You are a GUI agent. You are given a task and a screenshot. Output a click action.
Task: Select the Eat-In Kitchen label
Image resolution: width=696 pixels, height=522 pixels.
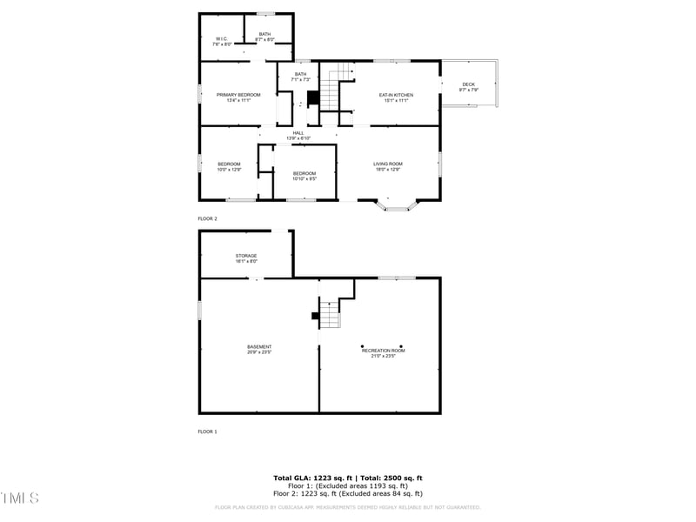click(395, 97)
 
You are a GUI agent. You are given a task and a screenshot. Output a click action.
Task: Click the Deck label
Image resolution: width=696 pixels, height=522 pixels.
click(468, 87)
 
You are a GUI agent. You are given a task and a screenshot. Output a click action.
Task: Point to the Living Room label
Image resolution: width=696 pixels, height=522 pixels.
click(387, 166)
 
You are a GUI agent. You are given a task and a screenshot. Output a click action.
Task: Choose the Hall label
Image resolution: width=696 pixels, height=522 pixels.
click(298, 135)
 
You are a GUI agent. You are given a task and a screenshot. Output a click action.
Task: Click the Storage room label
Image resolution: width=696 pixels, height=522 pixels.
click(246, 258)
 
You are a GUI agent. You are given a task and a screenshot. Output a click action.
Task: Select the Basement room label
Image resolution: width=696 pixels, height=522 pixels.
click(259, 349)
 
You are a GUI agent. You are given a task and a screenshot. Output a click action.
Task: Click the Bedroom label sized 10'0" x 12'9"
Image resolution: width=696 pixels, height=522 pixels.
click(229, 166)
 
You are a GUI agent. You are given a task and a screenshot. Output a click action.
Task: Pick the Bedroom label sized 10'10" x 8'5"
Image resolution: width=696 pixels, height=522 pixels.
click(304, 176)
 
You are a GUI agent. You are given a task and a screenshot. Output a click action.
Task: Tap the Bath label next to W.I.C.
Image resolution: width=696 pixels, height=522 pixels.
click(264, 37)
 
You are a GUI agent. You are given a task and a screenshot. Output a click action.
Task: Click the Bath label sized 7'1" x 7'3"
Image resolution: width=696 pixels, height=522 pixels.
click(300, 77)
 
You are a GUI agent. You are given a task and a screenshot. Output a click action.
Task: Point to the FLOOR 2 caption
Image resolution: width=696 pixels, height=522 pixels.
click(207, 218)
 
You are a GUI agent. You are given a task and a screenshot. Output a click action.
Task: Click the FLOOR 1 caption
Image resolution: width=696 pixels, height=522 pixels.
click(207, 432)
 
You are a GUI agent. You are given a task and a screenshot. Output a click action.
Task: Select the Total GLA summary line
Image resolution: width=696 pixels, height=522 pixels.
click(348, 478)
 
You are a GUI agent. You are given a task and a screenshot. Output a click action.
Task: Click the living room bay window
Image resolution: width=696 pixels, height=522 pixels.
click(399, 206)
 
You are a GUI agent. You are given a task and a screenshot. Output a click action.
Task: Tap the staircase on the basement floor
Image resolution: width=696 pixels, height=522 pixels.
click(329, 312)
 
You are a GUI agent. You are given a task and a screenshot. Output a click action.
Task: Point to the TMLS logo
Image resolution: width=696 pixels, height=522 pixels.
click(20, 499)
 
